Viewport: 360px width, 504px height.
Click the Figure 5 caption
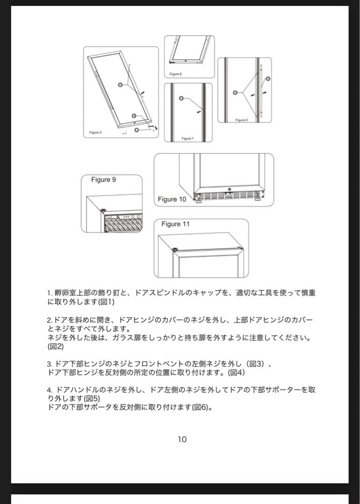(x=96, y=133)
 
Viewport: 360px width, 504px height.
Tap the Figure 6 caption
(x=175, y=74)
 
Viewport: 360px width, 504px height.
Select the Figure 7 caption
(x=187, y=138)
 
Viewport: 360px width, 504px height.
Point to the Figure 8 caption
(x=241, y=120)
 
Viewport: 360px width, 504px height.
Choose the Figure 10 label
(x=172, y=199)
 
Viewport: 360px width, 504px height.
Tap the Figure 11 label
(x=175, y=224)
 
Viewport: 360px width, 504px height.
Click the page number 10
(x=182, y=439)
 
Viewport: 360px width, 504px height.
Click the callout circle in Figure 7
(x=181, y=99)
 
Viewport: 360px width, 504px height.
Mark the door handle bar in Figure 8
(x=262, y=91)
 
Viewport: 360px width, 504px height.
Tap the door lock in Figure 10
(x=229, y=190)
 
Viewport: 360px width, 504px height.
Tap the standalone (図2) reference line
(x=55, y=347)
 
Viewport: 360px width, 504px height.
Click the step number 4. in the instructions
(x=50, y=389)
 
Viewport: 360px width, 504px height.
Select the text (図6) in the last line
(x=202, y=407)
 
